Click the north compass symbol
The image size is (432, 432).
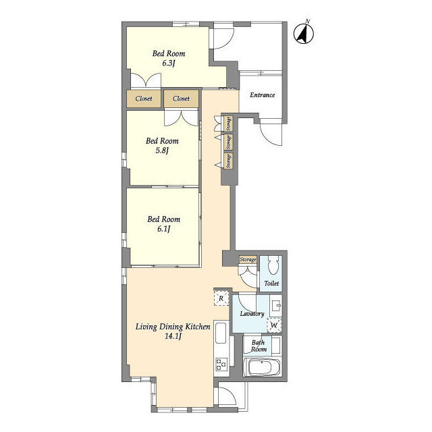point(304,34)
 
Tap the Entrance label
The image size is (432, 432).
point(263,95)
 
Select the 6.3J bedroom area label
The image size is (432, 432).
point(169,63)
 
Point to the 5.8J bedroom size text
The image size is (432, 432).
point(162,151)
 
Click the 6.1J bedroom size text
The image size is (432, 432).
point(163,229)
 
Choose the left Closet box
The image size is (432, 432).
point(144,99)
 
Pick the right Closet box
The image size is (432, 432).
point(181,99)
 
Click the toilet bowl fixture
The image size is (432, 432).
point(273,265)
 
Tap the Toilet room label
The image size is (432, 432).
point(271,283)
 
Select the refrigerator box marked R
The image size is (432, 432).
point(221,298)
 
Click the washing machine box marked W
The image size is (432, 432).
point(274,325)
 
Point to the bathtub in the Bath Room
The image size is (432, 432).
point(262,367)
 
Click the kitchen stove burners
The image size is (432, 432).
point(221,363)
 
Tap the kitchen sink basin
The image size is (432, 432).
point(221,333)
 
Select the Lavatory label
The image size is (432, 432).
point(252,313)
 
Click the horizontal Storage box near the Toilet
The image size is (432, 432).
point(248,259)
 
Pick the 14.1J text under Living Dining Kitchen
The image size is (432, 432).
point(173,336)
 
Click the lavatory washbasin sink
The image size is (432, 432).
point(275,305)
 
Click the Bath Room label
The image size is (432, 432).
point(259,346)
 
